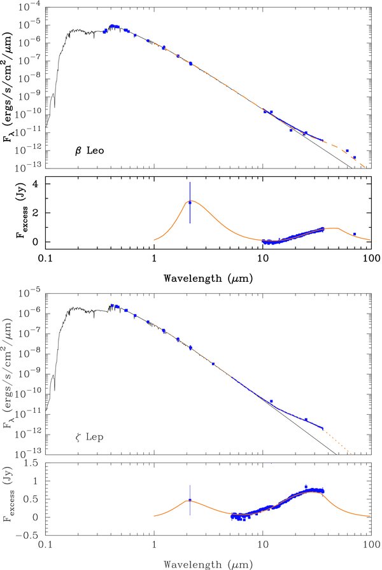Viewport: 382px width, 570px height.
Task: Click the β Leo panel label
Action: (x=90, y=151)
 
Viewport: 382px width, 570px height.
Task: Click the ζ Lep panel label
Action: (x=89, y=436)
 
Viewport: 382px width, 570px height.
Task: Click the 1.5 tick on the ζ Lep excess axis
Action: (x=32, y=463)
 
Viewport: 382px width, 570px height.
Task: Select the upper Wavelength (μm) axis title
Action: (x=208, y=279)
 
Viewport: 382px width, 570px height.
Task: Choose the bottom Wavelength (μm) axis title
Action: (x=208, y=564)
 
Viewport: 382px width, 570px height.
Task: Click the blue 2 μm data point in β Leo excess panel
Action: (x=190, y=202)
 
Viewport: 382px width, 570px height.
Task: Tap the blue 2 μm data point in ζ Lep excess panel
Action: (x=190, y=500)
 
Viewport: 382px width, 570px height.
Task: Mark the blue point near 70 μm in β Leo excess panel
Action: (x=355, y=234)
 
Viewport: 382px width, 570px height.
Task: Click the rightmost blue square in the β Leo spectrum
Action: (x=355, y=157)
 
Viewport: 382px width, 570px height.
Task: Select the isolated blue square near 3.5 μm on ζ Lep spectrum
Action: (x=213, y=363)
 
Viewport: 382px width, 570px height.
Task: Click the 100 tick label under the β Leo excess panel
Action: (x=371, y=258)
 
